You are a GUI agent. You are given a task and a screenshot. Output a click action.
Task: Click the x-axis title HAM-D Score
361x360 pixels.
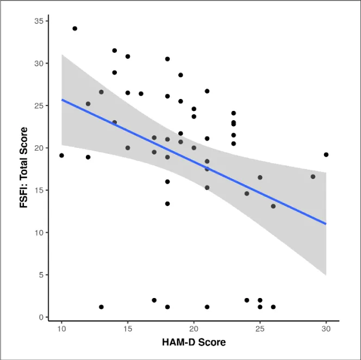(194, 343)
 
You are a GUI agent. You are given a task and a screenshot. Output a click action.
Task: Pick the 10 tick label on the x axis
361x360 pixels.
(61, 330)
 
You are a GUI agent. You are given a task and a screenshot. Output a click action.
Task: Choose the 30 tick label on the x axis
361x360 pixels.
(326, 330)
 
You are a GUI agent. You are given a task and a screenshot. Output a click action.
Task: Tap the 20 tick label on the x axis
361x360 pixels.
(194, 330)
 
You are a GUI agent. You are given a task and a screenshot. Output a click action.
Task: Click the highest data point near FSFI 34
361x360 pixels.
(74, 28)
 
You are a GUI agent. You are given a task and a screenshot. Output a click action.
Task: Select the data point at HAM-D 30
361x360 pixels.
(326, 154)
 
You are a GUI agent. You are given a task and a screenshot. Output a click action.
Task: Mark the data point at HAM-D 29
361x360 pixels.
(313, 176)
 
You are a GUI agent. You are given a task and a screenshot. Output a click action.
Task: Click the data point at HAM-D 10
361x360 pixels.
(61, 155)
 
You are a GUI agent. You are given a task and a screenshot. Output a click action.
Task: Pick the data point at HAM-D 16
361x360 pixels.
(141, 94)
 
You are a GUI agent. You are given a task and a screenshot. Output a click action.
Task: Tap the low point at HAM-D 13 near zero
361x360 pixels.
(101, 307)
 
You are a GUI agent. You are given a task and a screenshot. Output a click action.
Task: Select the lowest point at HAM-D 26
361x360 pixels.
(273, 307)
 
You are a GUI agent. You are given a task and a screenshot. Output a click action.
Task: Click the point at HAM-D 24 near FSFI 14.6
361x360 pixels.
(246, 193)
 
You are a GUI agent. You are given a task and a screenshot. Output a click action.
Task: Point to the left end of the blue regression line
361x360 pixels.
(62, 100)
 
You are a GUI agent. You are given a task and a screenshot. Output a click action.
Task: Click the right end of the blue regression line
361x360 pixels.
(326, 224)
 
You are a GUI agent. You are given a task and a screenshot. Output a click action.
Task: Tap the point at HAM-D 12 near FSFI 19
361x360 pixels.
(88, 157)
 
